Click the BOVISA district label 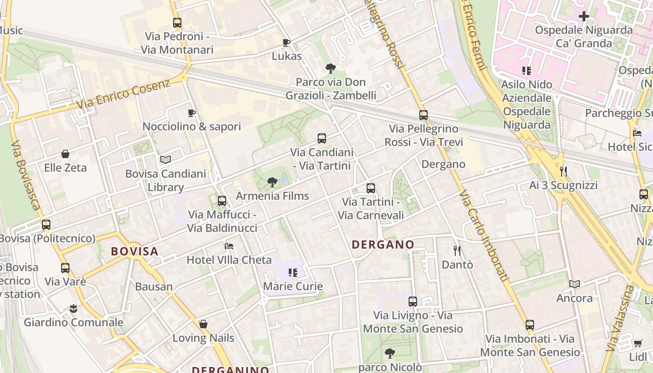coord(135,251)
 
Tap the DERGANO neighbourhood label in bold coord(383,244)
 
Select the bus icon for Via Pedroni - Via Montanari coord(177,22)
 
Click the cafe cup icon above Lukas coord(286,42)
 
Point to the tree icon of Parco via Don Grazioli coord(331,69)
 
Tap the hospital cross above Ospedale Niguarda coord(584,17)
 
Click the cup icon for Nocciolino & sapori coord(191,113)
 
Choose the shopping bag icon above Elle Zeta coord(65,154)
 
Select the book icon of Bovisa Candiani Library coord(165,160)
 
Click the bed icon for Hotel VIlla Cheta coord(229,246)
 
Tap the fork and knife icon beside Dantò coord(457,251)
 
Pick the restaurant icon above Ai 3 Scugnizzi coord(563,172)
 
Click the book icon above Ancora coord(575,284)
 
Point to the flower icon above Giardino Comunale coord(73,308)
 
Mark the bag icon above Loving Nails coord(203,324)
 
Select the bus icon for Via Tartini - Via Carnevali coord(371,188)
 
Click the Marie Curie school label coord(293,286)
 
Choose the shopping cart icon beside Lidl coord(638,344)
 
